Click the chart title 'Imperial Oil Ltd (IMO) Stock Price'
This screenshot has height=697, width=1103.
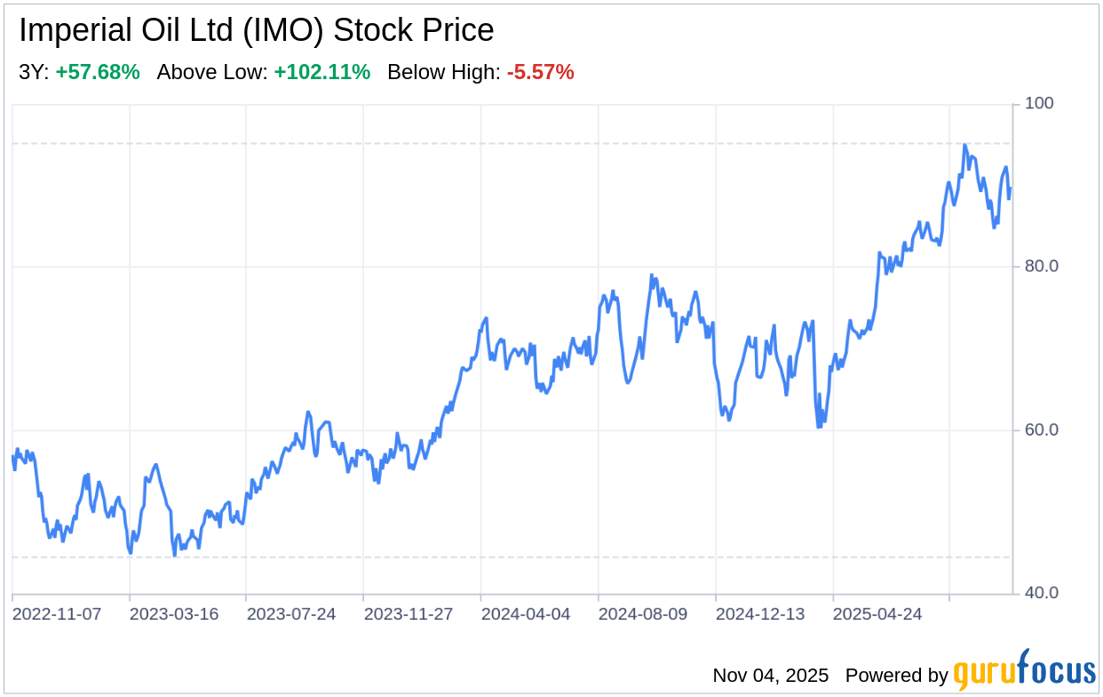[x=257, y=31]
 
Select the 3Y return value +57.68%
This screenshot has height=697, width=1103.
[x=98, y=73]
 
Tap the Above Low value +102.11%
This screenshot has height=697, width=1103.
[x=321, y=73]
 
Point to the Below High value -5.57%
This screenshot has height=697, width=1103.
[x=540, y=73]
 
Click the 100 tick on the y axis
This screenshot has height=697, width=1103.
[x=1039, y=104]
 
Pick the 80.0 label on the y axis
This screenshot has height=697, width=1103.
[x=1042, y=267]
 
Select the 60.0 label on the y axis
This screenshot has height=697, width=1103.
[x=1042, y=430]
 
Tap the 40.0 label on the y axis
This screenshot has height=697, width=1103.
[x=1042, y=593]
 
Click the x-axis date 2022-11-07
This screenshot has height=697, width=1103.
[x=57, y=614]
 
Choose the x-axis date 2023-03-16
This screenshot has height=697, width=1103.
[x=174, y=614]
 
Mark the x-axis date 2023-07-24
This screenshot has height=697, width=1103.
[x=291, y=614]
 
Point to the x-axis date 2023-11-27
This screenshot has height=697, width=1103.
[x=409, y=614]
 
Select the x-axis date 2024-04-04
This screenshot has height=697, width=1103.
[x=526, y=614]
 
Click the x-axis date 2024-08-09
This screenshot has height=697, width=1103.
[x=643, y=614]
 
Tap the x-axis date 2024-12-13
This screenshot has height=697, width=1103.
[x=760, y=614]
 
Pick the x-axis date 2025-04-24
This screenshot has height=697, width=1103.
[x=877, y=614]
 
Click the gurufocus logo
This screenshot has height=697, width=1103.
[x=1024, y=673]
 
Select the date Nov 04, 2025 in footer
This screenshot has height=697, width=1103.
[x=770, y=676]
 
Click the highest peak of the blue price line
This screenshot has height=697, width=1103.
[x=964, y=145]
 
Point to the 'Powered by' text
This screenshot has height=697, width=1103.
[x=896, y=676]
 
